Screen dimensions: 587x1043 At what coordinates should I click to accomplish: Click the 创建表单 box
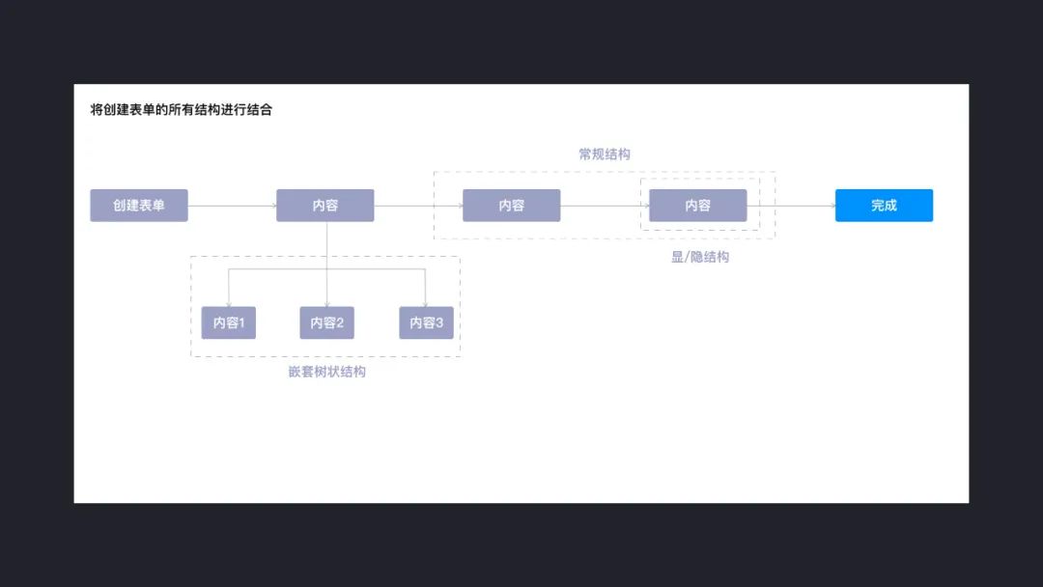139,206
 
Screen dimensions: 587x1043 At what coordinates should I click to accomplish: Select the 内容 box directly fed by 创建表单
325,206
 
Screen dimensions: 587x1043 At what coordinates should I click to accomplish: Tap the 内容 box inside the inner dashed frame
697,206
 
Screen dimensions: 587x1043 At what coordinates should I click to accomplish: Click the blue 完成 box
884,206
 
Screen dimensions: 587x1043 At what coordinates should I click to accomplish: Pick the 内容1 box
229,322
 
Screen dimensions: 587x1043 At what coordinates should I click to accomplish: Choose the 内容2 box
327,322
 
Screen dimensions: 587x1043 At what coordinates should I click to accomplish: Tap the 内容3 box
426,322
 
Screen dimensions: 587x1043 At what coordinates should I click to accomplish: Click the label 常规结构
605,154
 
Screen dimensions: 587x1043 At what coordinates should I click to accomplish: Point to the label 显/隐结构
700,257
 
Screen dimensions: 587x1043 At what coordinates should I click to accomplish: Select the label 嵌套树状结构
327,372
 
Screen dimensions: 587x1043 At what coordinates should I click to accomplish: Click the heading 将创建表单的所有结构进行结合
182,110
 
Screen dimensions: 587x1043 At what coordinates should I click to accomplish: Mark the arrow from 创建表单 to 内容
232,206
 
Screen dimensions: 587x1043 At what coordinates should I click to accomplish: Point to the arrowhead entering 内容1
229,303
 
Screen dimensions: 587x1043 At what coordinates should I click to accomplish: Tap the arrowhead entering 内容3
426,303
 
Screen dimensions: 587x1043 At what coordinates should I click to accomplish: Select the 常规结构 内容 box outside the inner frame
511,206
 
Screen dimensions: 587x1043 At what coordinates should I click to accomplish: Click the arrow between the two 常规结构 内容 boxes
605,206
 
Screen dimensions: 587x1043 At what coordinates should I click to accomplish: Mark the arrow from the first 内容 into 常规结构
418,206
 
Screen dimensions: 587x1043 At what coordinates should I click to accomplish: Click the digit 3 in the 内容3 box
439,322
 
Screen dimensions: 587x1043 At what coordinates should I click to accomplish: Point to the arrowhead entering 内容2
327,303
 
